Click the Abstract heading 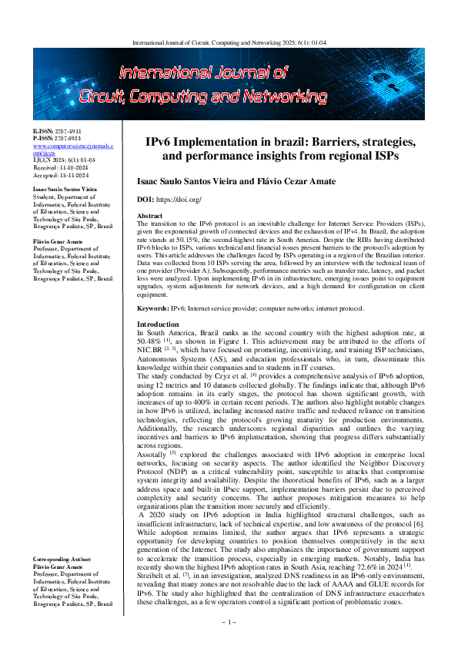[149, 215]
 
